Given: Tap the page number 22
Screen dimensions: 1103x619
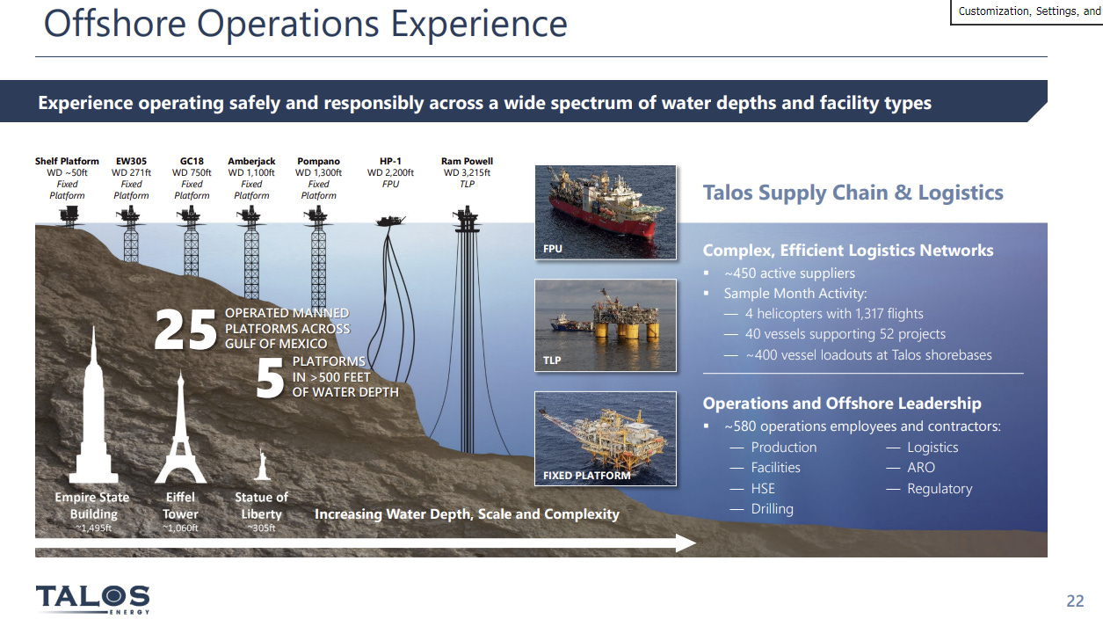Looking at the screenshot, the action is (1075, 601).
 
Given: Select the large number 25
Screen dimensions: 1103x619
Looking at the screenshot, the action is (185, 330).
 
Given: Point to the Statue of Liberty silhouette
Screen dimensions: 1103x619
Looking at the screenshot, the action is (262, 464).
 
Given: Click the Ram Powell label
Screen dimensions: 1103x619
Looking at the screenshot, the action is (467, 161).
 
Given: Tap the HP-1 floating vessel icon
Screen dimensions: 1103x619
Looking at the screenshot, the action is (390, 221).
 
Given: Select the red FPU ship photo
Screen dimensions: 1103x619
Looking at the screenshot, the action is (606, 212).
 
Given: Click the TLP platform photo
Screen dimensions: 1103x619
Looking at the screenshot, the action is (606, 325).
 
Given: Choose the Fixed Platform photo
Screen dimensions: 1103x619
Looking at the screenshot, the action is (606, 438).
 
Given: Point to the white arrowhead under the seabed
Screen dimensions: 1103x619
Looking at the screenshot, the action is (686, 543).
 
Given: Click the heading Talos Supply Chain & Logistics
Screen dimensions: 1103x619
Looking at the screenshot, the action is (853, 193).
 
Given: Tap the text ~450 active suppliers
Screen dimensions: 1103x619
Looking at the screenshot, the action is (789, 273).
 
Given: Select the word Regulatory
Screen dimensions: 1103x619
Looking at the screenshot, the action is (940, 489).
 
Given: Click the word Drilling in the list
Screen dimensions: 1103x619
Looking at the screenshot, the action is (772, 509).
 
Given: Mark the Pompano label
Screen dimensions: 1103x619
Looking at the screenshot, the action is (318, 161).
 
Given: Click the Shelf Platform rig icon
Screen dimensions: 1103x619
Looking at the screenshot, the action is (69, 215).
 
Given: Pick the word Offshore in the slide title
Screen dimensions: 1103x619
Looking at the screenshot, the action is (115, 24).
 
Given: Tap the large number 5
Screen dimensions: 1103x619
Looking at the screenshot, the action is (270, 378).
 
